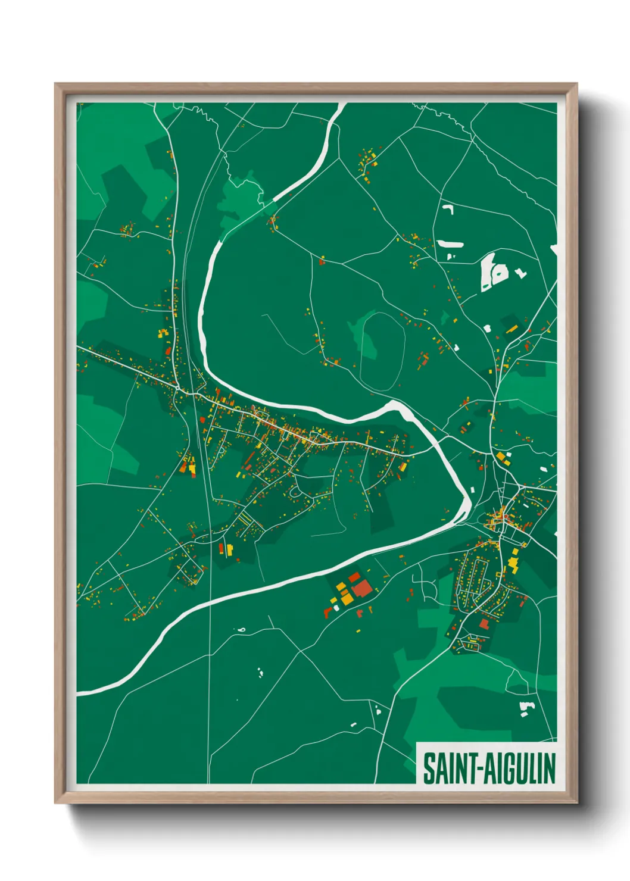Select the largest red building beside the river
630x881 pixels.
pyautogui.click(x=362, y=589)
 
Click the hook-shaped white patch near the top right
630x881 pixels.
pyautogui.click(x=448, y=209)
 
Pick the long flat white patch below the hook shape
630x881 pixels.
pyautogui.click(x=450, y=243)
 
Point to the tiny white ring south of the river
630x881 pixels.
pyautogui.click(x=241, y=629)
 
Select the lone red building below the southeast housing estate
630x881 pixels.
pyautogui.click(x=484, y=623)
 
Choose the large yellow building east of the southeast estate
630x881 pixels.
pyautogui.click(x=513, y=562)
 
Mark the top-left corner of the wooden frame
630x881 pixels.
pyautogui.click(x=55, y=84)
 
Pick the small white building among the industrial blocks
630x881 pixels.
pyautogui.click(x=335, y=607)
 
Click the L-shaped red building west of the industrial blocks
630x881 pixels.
pyautogui.click(x=328, y=611)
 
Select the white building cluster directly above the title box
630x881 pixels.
pyautogui.click(x=526, y=708)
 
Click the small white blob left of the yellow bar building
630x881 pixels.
pyautogui.click(x=488, y=328)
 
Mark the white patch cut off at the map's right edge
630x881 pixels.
pyautogui.click(x=554, y=250)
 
